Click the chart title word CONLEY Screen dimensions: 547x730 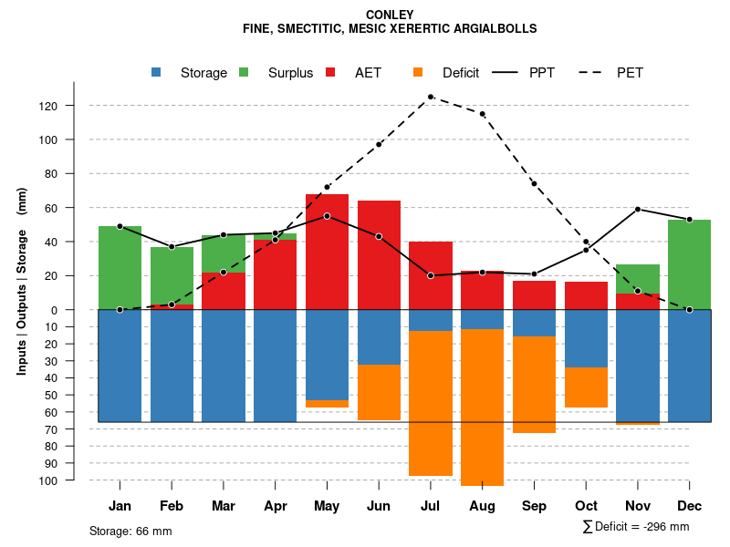pos(389,15)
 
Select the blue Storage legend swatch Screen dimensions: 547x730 pos(157,72)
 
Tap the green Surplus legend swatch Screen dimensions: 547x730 pos(244,72)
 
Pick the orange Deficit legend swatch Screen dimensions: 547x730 pos(419,72)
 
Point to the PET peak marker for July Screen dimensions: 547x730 pos(430,97)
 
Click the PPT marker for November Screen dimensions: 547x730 pos(638,210)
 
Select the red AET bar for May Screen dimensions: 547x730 pos(327,252)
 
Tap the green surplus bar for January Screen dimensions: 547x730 pos(120,268)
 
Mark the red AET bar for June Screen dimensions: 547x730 pos(379,255)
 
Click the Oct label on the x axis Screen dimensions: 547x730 pos(586,506)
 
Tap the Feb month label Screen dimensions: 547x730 pos(172,506)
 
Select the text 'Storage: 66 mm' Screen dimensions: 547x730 pos(130,531)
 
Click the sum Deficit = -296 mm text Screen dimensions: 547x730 pos(636,527)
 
